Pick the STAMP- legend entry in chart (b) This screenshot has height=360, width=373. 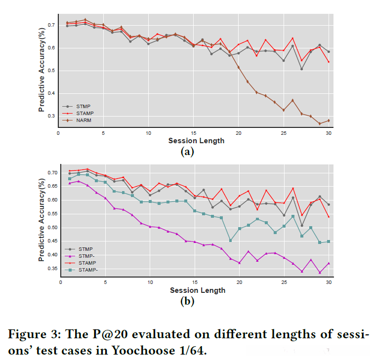[x=86, y=271]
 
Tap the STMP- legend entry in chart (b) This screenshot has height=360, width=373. [x=86, y=256]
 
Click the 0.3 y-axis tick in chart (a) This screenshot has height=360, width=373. [x=51, y=117]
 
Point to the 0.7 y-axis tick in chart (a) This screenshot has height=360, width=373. [x=51, y=25]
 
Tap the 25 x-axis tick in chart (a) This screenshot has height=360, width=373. [x=284, y=133]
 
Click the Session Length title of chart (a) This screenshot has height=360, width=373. [x=196, y=141]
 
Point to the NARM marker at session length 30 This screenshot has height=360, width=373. [x=329, y=120]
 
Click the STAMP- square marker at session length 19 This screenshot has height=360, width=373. [x=230, y=240]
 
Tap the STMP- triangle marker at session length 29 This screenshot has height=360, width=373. [x=320, y=273]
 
